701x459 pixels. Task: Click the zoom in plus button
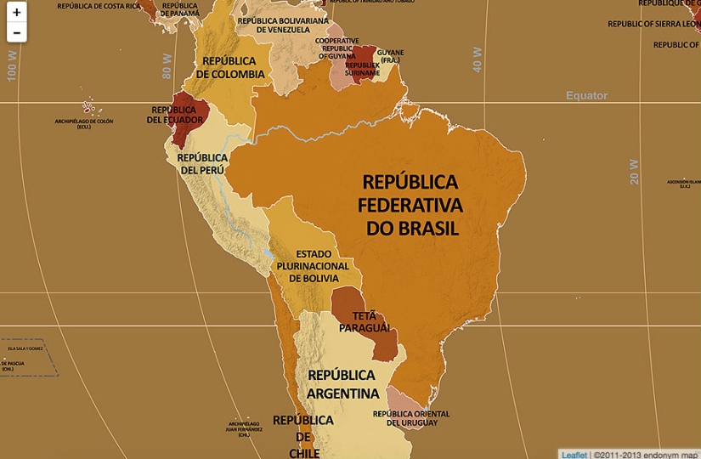pos(16,13)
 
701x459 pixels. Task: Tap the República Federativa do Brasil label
pos(410,205)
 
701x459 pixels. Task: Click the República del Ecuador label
pos(174,115)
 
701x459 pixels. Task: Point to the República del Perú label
pos(201,163)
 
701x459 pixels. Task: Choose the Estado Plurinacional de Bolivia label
pos(313,266)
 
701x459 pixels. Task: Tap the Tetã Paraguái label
pos(365,322)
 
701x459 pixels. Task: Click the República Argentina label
pos(342,384)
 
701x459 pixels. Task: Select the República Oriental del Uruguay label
pos(411,418)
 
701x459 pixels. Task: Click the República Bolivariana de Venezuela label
pos(283,25)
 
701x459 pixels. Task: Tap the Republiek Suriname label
pos(363,69)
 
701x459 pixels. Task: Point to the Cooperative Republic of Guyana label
pos(337,48)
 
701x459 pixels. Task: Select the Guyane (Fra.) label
pos(391,56)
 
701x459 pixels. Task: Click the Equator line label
pos(586,96)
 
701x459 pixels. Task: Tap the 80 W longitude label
pos(167,66)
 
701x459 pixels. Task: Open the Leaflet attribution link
pos(574,454)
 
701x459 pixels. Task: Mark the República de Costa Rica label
pos(99,6)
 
